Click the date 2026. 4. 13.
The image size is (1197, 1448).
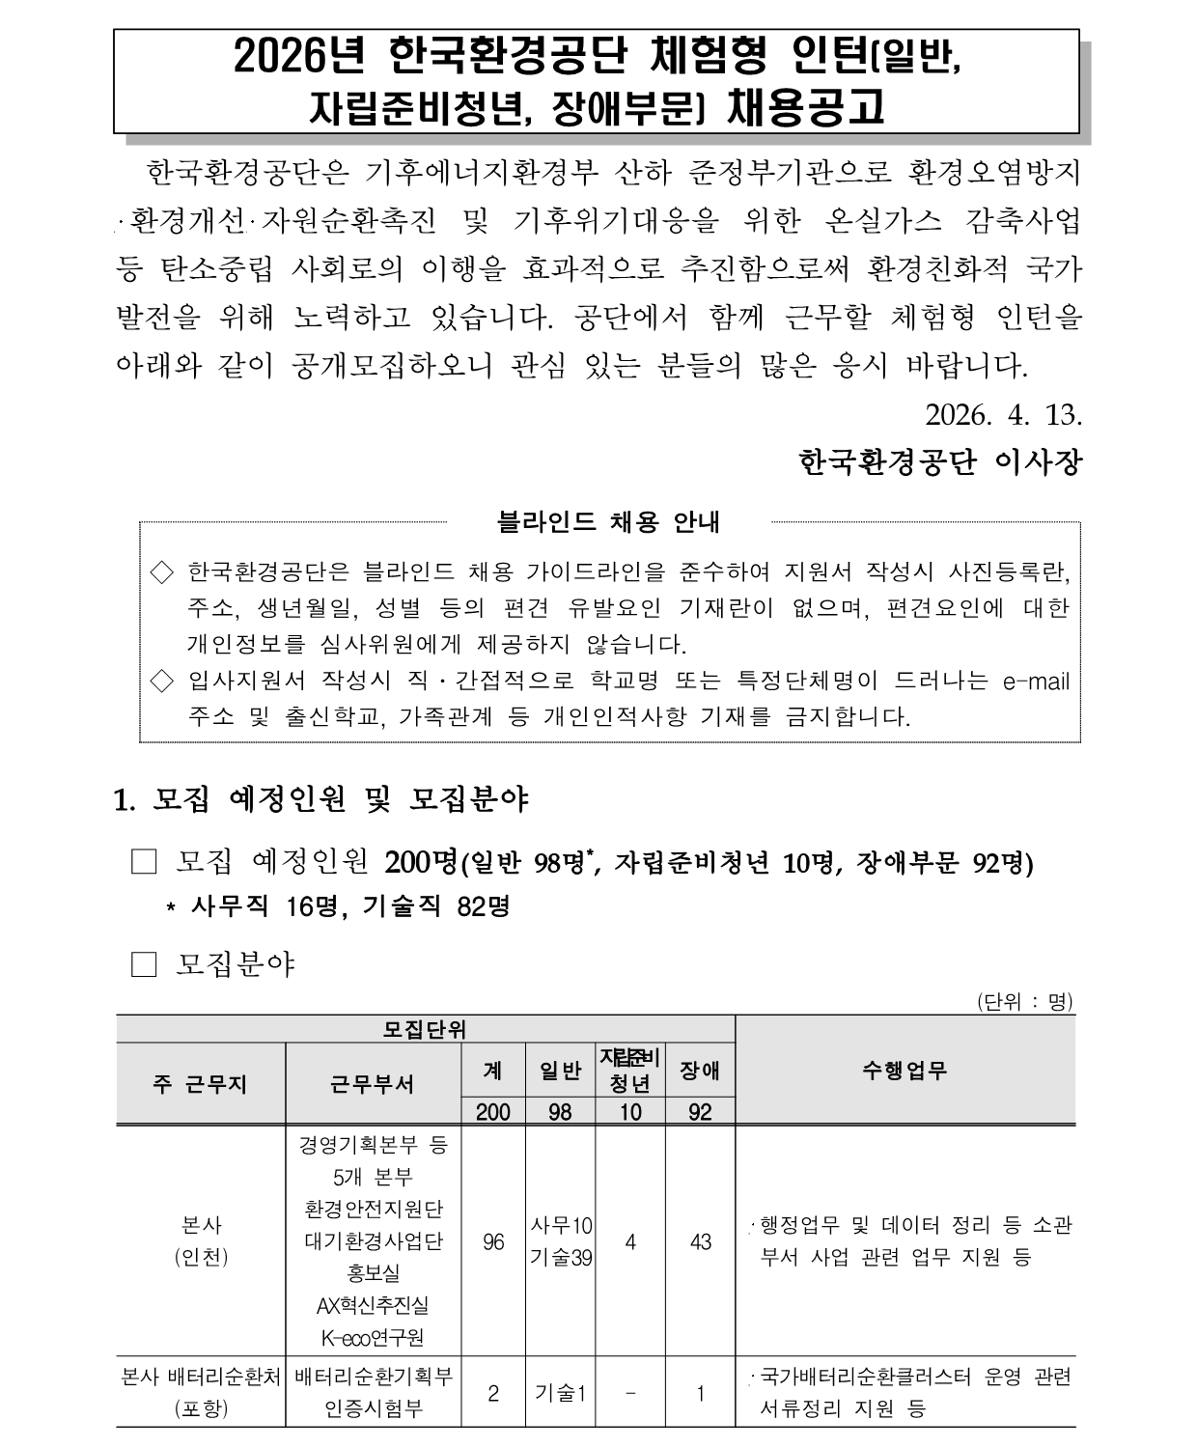tap(1003, 415)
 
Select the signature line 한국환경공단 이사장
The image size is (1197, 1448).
tap(940, 462)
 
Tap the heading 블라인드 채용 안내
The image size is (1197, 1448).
tap(608, 522)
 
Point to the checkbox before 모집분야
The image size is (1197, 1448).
tap(144, 964)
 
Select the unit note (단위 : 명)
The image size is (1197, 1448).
tap(1024, 1001)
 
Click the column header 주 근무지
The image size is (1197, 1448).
tap(200, 1084)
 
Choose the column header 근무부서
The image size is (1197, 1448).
tap(373, 1084)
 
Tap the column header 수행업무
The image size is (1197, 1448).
tap(905, 1070)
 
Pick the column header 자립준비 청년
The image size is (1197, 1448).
tap(629, 1070)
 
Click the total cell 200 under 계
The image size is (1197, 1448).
tap(493, 1112)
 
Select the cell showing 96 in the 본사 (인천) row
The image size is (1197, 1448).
tap(493, 1241)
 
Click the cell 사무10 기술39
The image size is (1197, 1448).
tap(561, 1241)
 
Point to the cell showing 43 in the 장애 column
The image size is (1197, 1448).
tap(700, 1241)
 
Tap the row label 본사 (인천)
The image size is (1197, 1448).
tap(201, 1241)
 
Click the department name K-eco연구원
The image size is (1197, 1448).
tap(373, 1338)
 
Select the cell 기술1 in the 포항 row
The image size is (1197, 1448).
tap(561, 1393)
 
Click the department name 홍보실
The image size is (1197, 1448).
tap(373, 1273)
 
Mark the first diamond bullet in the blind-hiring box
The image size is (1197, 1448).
tap(162, 572)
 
